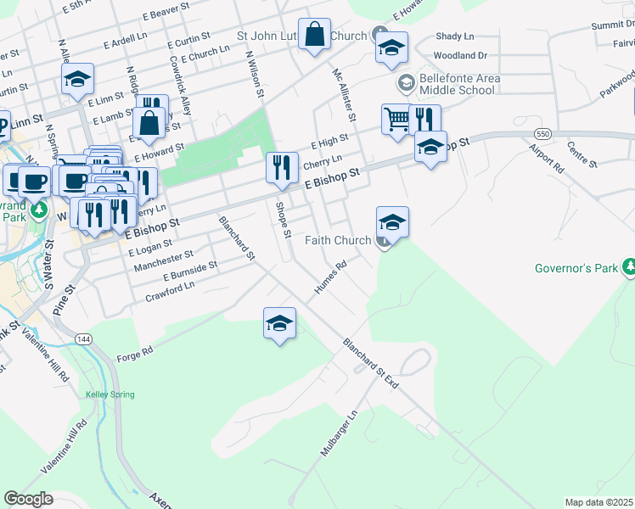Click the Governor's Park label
(576, 269)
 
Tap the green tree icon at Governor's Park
(628, 268)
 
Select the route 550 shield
(542, 135)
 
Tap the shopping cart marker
(396, 120)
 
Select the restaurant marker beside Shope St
(282, 167)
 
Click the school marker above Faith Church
(391, 222)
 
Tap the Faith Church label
(338, 241)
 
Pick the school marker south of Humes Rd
(279, 323)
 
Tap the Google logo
(29, 499)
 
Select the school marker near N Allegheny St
(77, 80)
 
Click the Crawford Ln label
(170, 292)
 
